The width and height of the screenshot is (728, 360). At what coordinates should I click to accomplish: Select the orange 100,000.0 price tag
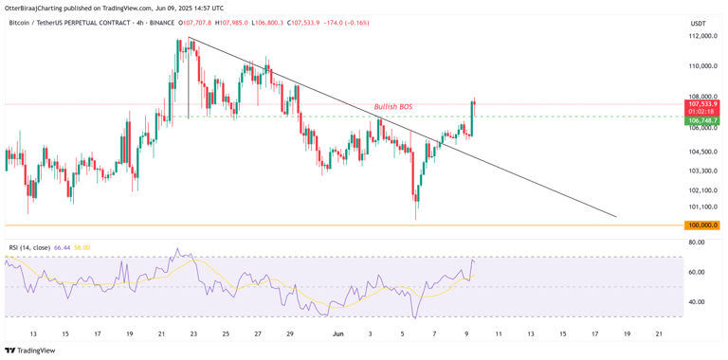coord(701,225)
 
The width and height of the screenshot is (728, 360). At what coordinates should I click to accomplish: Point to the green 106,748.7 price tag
coord(701,120)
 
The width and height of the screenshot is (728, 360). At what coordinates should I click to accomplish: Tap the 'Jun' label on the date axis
coord(337,333)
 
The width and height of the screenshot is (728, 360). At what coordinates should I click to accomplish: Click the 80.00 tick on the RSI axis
coord(697,243)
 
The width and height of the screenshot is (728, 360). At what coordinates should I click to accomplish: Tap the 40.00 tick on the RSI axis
coord(697,302)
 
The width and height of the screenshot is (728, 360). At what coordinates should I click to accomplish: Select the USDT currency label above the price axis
coord(699,23)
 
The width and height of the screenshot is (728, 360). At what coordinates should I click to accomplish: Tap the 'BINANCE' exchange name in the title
coord(190,23)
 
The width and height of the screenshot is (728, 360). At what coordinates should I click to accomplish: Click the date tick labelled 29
coord(290,333)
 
